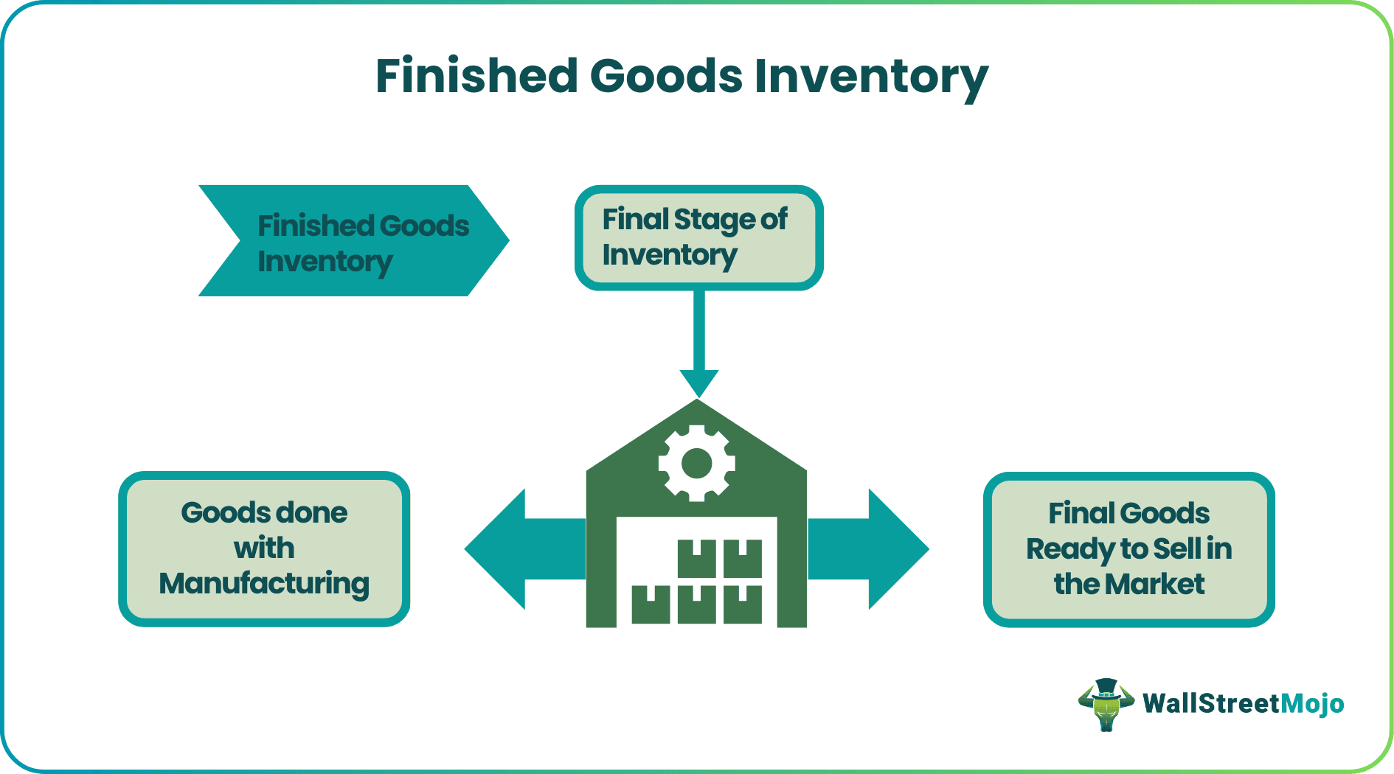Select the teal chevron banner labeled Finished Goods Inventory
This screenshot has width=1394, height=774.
pos(354,241)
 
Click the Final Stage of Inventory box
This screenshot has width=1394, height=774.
pos(698,237)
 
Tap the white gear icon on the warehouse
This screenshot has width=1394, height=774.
pos(696,464)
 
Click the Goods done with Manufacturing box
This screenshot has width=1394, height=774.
pos(264,549)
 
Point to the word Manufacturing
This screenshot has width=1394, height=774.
pos(264,584)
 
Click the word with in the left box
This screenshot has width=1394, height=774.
pos(264,548)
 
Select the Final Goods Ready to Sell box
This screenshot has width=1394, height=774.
pos(1128,550)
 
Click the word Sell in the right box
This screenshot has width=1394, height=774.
pos(1177,549)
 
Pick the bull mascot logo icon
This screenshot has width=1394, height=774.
pos(1106,705)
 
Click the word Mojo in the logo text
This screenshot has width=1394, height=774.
pos(1312,704)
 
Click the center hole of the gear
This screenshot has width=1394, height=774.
pos(696,464)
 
